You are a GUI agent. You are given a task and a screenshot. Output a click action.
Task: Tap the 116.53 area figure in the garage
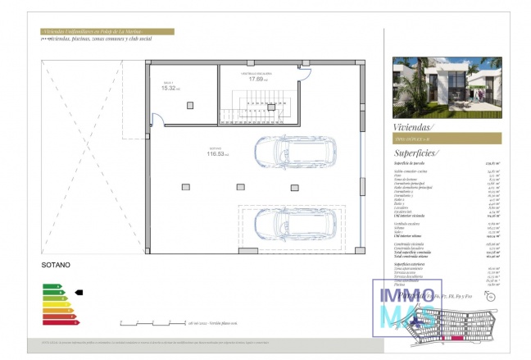pos(216,153)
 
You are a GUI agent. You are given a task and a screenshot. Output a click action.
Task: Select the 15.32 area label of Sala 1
pos(170,88)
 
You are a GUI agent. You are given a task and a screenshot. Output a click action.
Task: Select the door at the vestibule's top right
pos(304,73)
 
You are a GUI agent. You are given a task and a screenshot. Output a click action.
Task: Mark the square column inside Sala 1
pos(190,104)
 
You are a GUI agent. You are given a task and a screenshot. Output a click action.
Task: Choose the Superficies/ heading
pos(416,153)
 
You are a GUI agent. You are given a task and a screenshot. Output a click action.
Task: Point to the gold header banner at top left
pos(107,32)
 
